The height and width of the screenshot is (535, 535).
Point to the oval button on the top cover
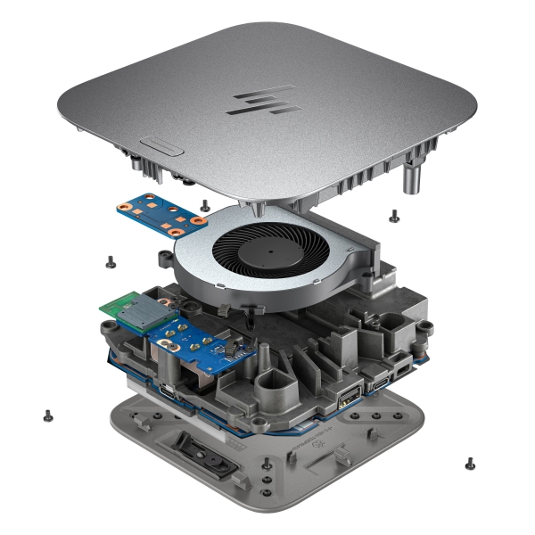pyautogui.click(x=161, y=144)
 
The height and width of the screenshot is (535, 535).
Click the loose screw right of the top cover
pyautogui.click(x=393, y=213)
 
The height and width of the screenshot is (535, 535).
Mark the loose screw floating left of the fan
pyautogui.click(x=110, y=260)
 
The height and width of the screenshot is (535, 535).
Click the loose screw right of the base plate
pyautogui.click(x=469, y=462)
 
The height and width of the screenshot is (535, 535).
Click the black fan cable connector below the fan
pyautogui.click(x=223, y=308)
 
